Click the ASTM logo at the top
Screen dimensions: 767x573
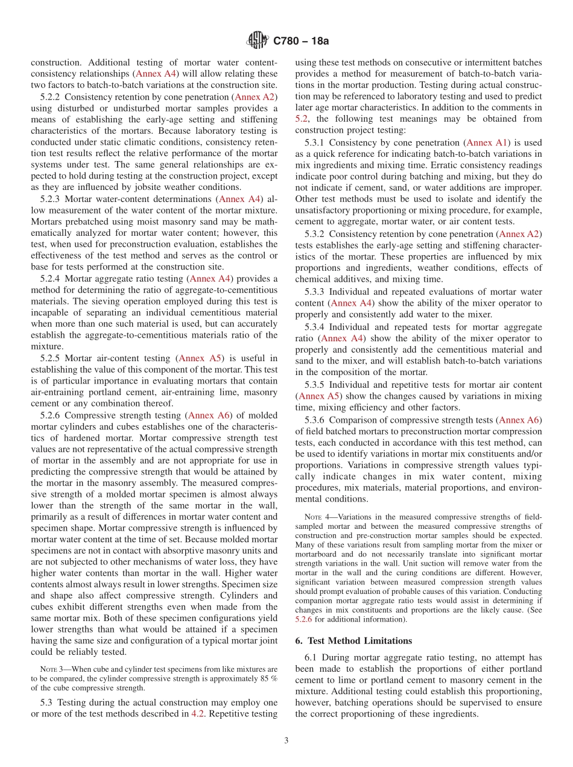(258, 41)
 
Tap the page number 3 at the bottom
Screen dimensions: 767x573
(286, 740)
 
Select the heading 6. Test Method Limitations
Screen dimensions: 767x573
(353, 641)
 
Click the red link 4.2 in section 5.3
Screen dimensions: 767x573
(197, 714)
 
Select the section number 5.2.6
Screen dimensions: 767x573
(52, 415)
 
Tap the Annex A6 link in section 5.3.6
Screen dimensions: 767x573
(521, 420)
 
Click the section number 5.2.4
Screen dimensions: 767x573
(52, 279)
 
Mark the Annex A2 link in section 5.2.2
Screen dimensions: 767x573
(255, 97)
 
